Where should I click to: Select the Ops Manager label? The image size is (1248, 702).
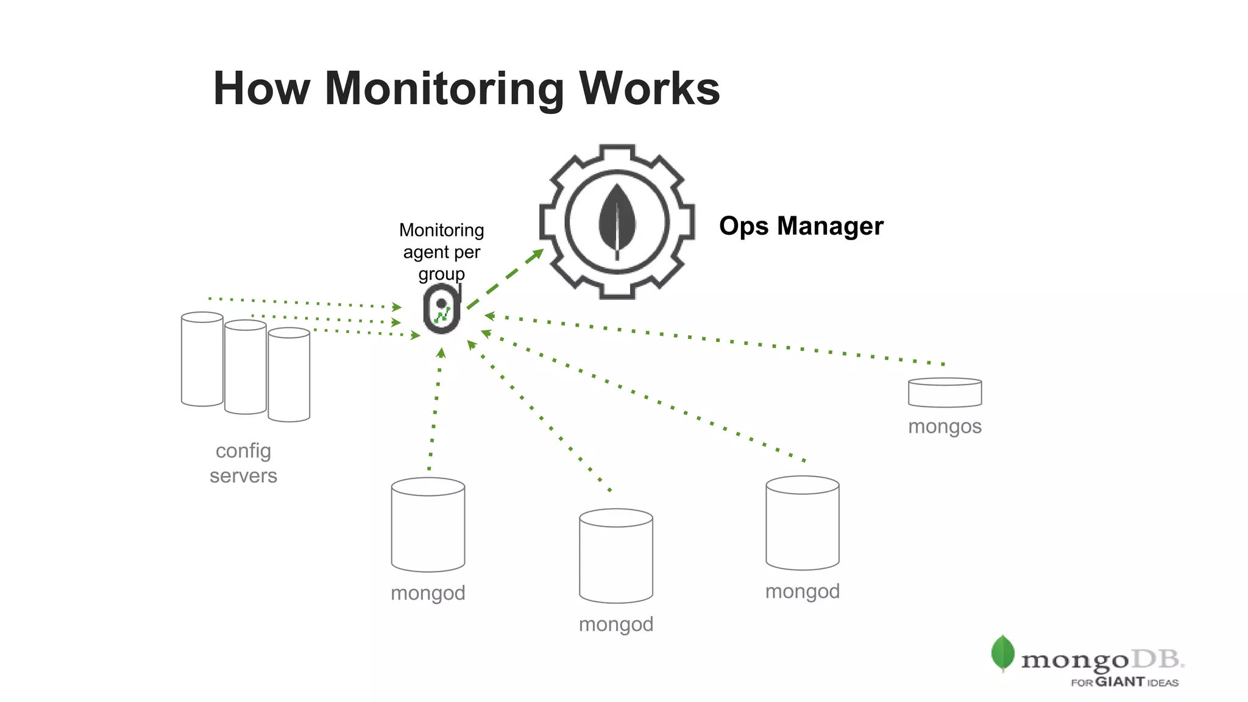(x=801, y=226)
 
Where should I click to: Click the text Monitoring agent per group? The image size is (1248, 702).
(x=442, y=252)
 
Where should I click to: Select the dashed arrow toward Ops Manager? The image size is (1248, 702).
(x=505, y=278)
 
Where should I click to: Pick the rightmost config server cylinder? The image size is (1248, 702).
(x=289, y=375)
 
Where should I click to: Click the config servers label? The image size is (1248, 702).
(x=243, y=463)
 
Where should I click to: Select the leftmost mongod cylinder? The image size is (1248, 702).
(x=428, y=525)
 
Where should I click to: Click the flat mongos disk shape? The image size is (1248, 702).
(x=945, y=393)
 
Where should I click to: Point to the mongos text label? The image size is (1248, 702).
(x=945, y=427)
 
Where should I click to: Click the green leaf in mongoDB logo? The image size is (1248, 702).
(x=1002, y=653)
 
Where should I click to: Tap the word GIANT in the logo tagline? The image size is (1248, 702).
(x=1120, y=682)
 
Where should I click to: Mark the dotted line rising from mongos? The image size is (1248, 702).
(x=719, y=340)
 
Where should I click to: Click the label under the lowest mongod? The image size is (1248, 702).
(x=615, y=625)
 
